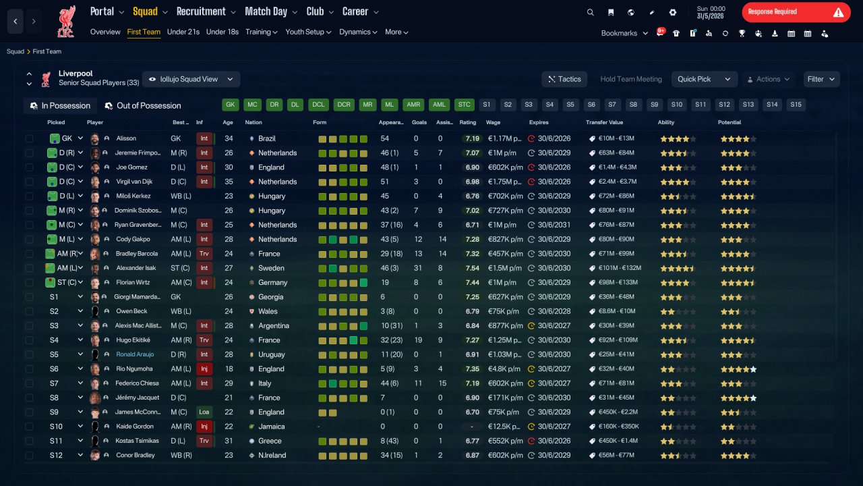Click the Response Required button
[796, 12]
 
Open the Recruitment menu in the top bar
[206, 11]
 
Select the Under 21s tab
[183, 32]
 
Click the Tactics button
[564, 79]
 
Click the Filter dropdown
[821, 79]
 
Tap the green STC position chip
[464, 105]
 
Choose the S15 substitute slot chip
[796, 105]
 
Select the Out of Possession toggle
[143, 106]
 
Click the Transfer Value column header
[604, 122]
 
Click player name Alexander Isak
[136, 268]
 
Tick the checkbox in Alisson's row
[29, 138]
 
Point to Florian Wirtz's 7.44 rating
[472, 282]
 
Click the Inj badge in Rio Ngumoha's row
[204, 369]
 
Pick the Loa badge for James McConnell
[204, 412]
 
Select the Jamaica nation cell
[271, 427]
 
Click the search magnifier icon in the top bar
[590, 12]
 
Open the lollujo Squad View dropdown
[191, 79]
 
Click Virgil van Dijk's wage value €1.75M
[504, 182]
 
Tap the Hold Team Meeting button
[630, 79]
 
